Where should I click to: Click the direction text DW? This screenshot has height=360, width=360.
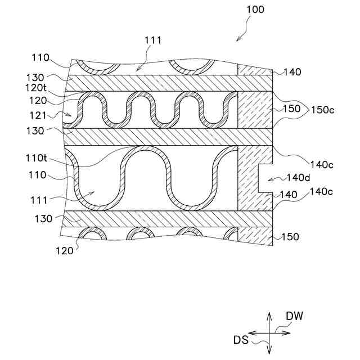(294, 316)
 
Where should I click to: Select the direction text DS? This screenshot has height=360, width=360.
(241, 339)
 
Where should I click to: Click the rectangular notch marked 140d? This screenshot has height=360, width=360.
(265, 178)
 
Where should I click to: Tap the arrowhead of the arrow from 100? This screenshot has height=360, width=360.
(238, 40)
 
